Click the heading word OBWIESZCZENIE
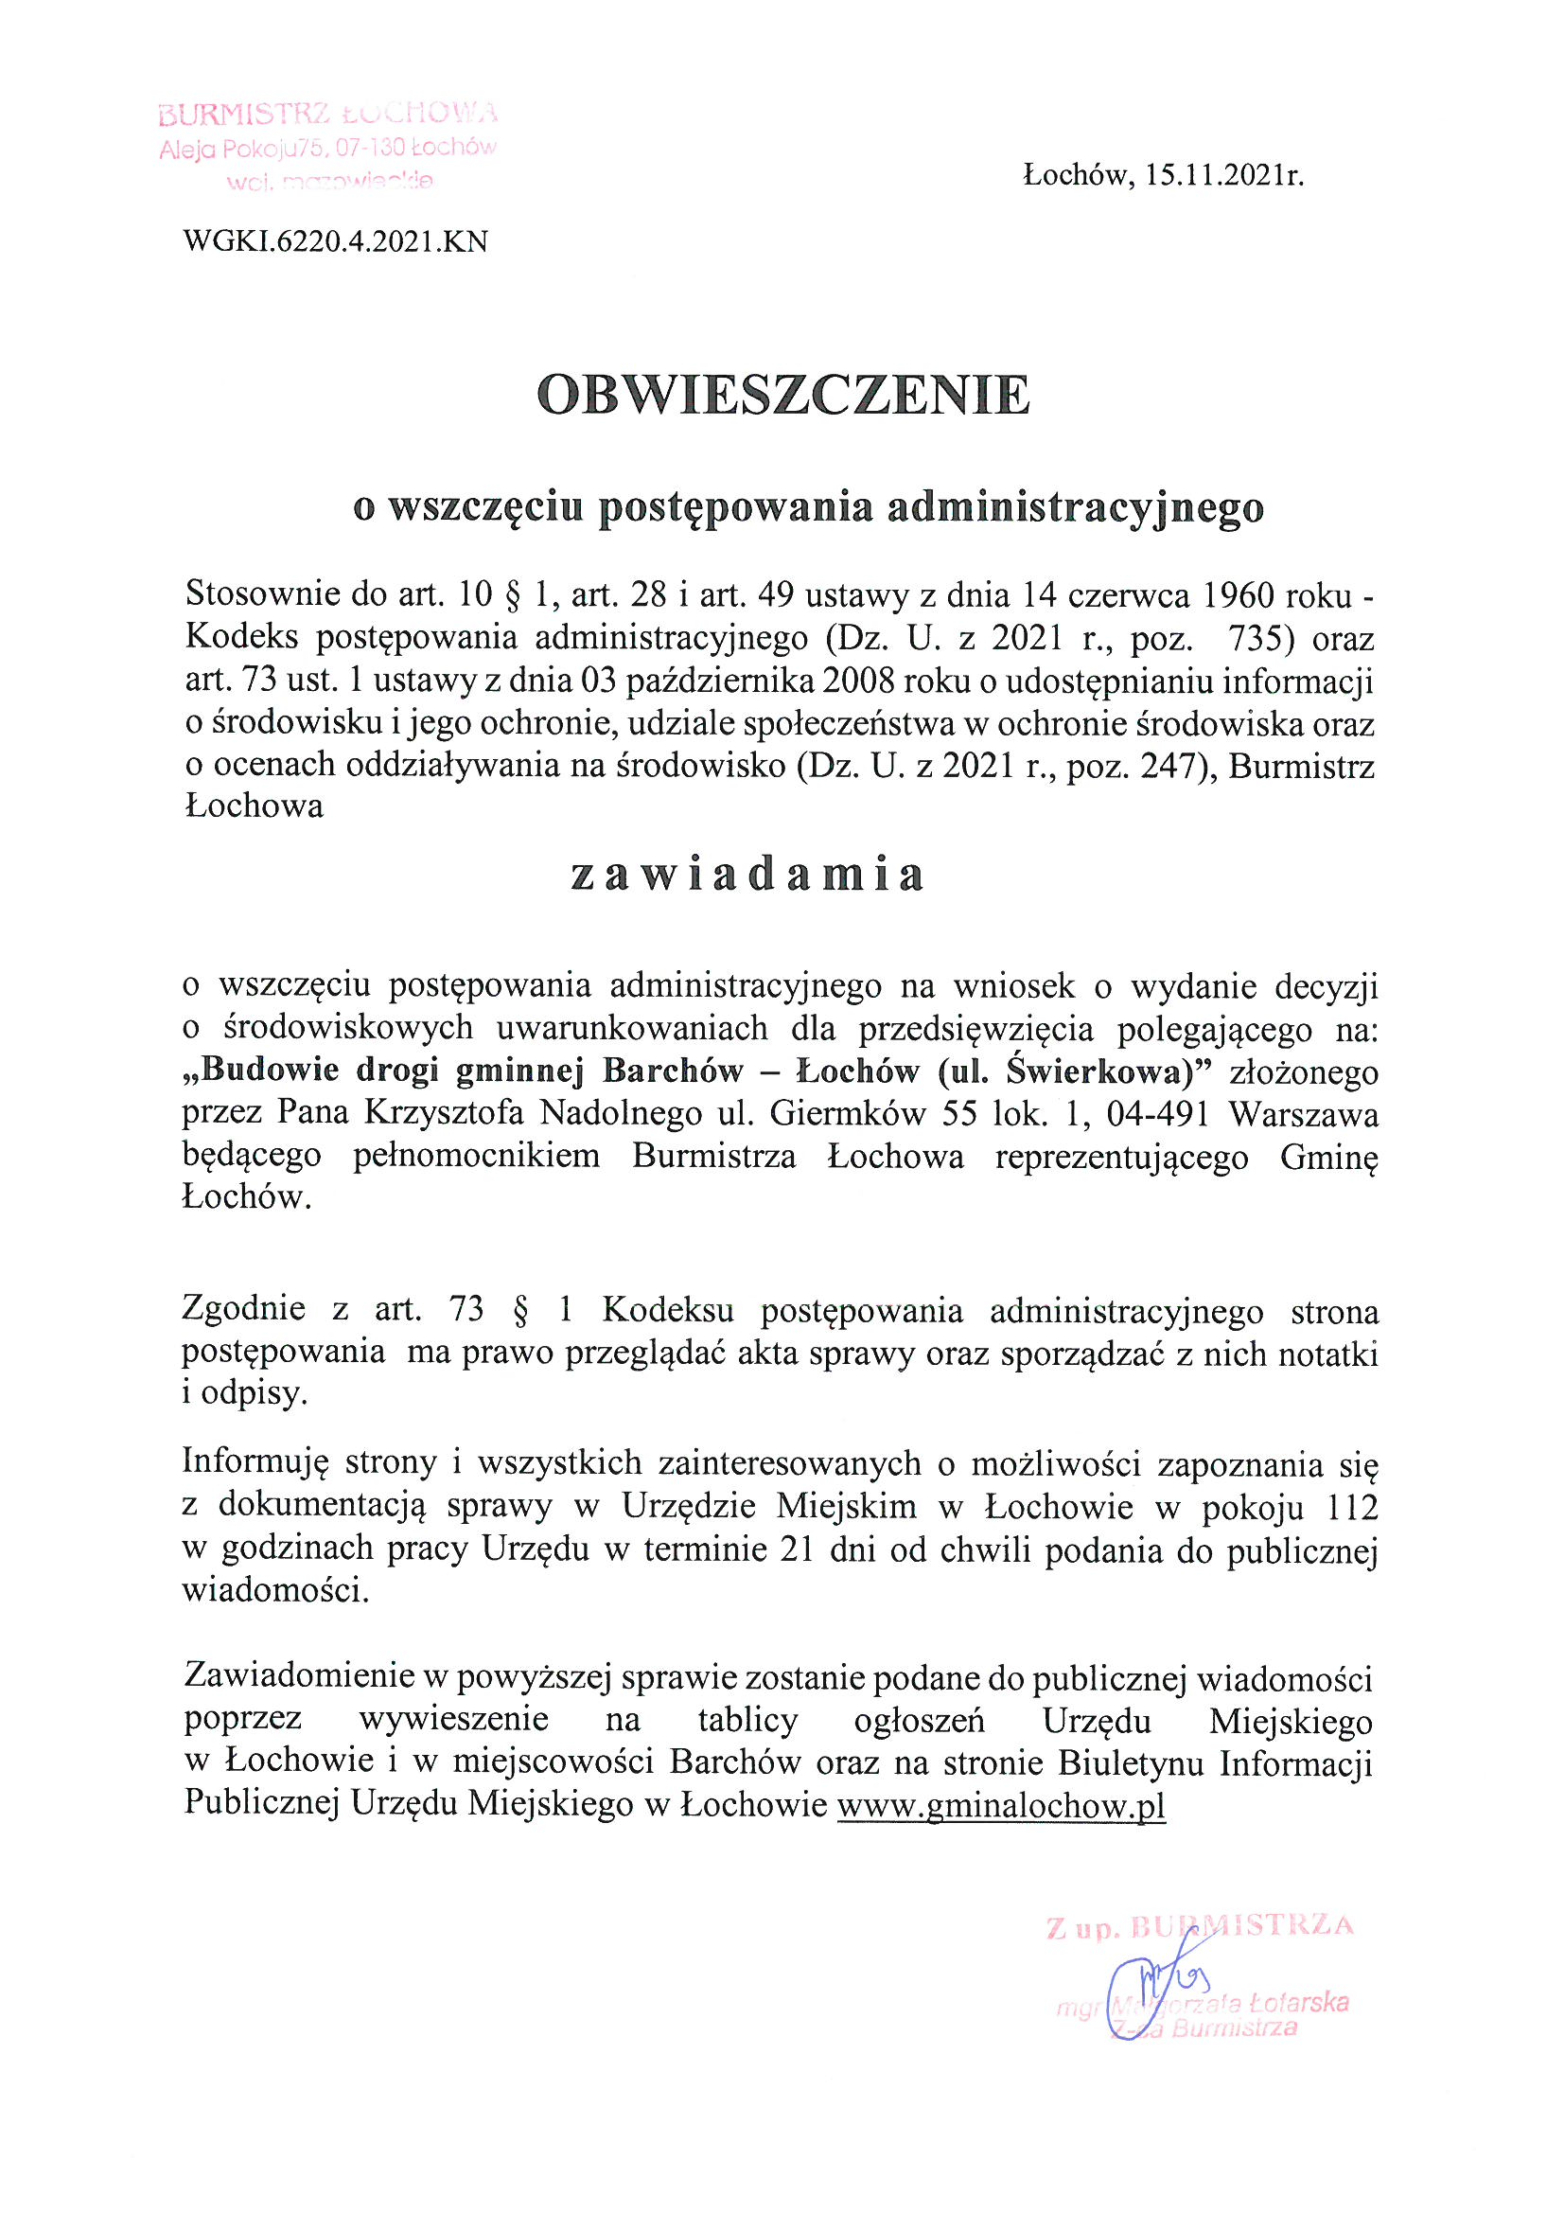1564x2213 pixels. [x=782, y=396]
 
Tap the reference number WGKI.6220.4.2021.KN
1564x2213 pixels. [x=335, y=241]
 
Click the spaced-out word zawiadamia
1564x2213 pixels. [x=747, y=875]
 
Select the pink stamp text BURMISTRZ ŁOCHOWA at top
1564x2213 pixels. [x=327, y=114]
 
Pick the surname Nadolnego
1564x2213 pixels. [x=621, y=1113]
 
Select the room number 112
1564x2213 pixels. [x=1351, y=1506]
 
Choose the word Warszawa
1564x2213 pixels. [x=1303, y=1113]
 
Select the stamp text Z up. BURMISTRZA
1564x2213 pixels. [x=1200, y=1927]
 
